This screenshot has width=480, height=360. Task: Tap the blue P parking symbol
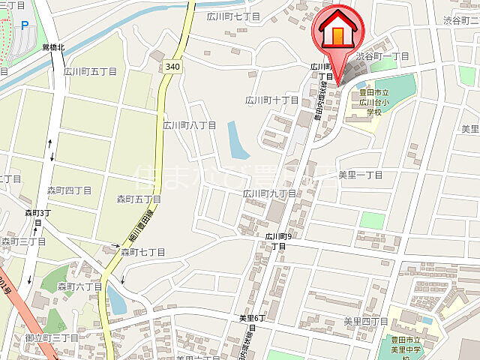25,25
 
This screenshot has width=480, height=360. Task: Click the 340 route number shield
172,67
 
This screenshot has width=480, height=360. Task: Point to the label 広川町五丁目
90,72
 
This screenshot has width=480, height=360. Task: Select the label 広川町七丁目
235,16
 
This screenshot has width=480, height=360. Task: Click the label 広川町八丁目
190,125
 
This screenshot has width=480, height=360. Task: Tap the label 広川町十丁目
272,100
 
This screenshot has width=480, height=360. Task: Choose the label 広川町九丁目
269,193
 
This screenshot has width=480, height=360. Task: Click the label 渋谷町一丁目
382,57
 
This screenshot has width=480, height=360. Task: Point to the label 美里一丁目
361,175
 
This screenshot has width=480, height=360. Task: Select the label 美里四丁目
366,321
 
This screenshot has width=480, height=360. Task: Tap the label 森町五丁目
139,199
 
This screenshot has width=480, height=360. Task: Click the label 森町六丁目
81,286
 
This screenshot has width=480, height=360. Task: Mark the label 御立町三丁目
52,338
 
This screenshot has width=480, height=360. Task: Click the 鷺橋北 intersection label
54,47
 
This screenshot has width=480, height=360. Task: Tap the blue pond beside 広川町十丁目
238,140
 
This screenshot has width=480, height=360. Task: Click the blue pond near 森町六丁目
116,299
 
